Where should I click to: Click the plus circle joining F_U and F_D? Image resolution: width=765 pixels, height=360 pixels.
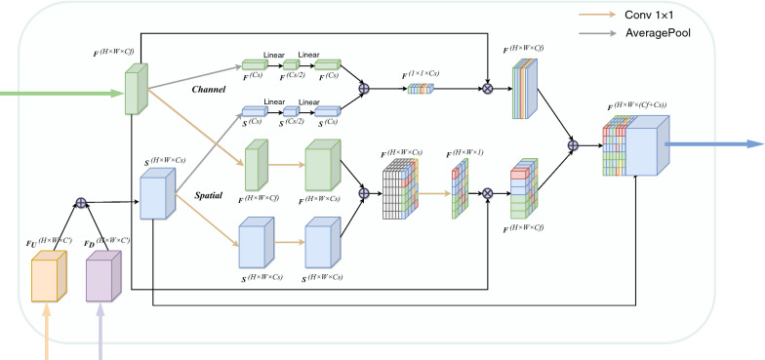coord(82,204)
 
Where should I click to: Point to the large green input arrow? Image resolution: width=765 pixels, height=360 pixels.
coord(59,95)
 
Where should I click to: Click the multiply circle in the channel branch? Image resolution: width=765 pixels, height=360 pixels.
coord(489,88)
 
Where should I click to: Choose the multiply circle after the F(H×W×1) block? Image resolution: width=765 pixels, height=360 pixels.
coord(488,192)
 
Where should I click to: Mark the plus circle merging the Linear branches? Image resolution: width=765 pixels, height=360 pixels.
coord(365,88)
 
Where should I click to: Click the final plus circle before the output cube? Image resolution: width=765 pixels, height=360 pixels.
coord(574,145)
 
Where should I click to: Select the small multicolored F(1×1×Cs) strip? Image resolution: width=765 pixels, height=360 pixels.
coord(419,89)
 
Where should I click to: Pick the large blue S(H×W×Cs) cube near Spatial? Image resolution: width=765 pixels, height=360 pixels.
coord(157,195)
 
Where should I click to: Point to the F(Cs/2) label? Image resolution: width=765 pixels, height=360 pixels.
coord(292,76)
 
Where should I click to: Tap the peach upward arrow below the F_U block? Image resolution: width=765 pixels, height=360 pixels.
coord(46,337)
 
